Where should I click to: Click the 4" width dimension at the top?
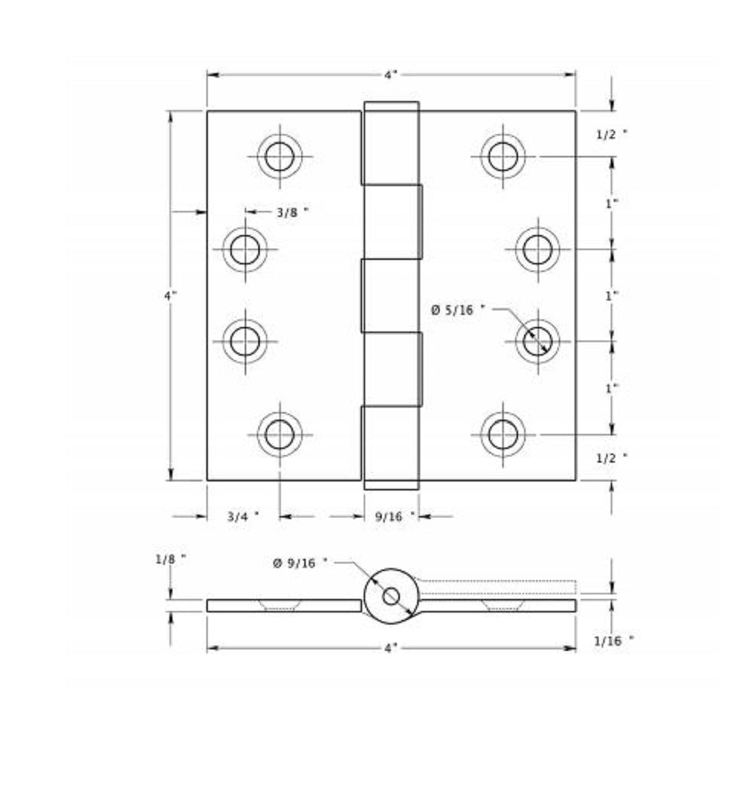point(390,75)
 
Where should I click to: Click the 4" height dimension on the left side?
point(170,295)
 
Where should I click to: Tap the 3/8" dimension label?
point(291,212)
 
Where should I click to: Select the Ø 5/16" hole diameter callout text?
point(458,309)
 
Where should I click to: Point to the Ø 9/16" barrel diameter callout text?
point(300,562)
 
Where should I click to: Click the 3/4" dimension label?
point(242,517)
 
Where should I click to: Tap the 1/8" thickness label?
point(170,559)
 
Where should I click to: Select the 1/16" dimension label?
point(613,641)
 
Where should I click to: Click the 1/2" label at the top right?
point(611,134)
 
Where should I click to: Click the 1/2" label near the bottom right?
point(611,457)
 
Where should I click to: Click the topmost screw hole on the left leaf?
point(279,157)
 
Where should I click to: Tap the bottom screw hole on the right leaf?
point(503,434)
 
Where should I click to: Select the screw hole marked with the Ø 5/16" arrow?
point(538,341)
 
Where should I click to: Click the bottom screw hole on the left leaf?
point(279,434)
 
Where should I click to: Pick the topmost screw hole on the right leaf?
point(503,157)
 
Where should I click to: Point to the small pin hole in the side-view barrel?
point(391,596)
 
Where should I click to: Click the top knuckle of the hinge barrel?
point(391,143)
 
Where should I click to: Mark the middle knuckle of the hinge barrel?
point(391,296)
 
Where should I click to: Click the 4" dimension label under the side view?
point(390,647)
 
